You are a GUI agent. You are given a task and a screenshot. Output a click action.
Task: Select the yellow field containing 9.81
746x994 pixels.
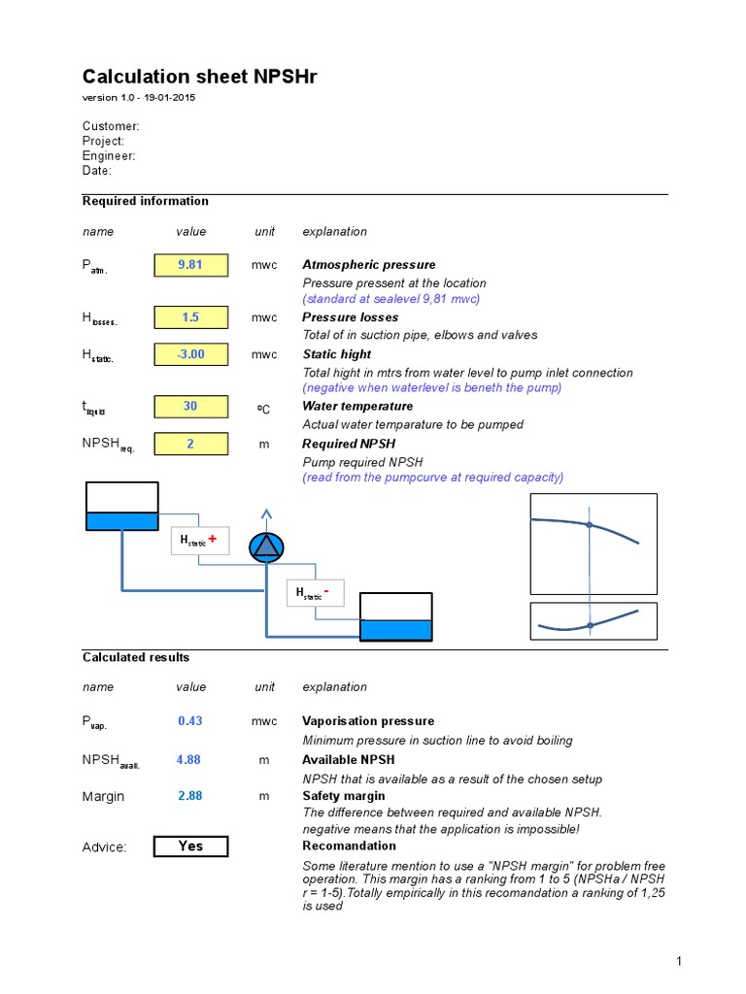190,265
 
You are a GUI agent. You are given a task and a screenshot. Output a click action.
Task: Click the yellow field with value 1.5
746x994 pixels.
190,317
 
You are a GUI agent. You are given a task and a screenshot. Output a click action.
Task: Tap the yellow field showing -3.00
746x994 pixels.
190,354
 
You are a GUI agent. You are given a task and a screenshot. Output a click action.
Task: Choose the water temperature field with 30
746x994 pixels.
190,407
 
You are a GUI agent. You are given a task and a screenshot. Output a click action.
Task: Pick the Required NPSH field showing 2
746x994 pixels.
190,444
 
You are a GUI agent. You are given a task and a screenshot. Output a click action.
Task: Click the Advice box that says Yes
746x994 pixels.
190,846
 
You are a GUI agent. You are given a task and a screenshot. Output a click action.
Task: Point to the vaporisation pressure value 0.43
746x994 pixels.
190,721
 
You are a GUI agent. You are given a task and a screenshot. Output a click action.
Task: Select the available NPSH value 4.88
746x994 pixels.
188,760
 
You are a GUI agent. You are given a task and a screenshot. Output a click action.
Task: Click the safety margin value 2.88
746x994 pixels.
190,796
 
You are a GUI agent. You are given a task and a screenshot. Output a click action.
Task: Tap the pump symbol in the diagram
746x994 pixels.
265,548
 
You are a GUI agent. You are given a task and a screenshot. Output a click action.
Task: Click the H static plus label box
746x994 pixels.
200,541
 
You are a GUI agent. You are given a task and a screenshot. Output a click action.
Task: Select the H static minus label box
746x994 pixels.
315,592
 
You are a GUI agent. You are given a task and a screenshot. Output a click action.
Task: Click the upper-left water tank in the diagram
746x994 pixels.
121,507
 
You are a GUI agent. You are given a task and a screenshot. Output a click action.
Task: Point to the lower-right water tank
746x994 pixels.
396,617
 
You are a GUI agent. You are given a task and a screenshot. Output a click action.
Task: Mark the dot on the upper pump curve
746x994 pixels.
589,524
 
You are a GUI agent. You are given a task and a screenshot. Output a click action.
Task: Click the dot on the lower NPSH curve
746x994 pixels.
590,626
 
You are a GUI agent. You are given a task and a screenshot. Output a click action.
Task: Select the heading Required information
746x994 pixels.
145,201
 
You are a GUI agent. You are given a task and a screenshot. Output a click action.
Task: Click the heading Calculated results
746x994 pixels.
136,657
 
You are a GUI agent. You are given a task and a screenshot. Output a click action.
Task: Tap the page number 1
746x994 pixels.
679,961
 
